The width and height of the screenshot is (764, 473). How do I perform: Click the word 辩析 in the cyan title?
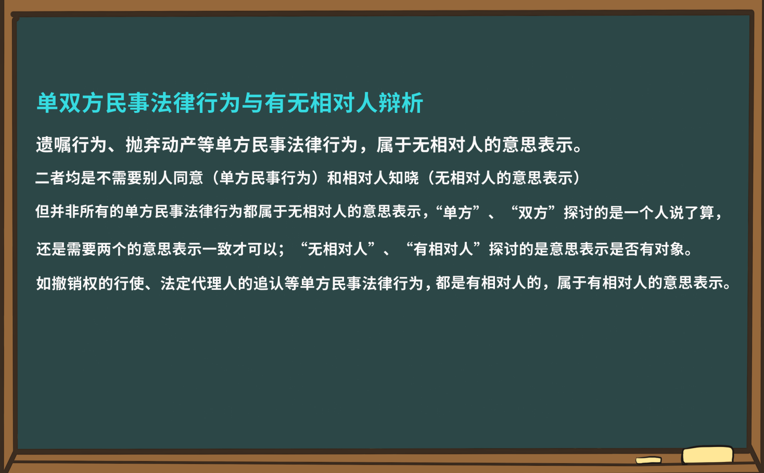[401, 103]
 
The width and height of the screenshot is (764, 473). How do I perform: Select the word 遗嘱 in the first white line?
[54, 145]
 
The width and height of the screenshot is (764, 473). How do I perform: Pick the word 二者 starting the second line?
[50, 178]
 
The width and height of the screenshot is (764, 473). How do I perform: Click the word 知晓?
[404, 178]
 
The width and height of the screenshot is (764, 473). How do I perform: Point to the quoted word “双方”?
[534, 212]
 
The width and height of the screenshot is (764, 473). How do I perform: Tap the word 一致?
[217, 249]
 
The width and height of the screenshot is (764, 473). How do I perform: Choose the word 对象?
[669, 249]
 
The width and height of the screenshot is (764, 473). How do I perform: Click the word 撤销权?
[75, 283]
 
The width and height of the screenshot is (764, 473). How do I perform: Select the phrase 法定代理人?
[199, 283]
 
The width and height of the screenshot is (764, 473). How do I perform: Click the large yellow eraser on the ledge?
[707, 455]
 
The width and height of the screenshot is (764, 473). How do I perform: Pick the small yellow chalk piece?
[648, 460]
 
